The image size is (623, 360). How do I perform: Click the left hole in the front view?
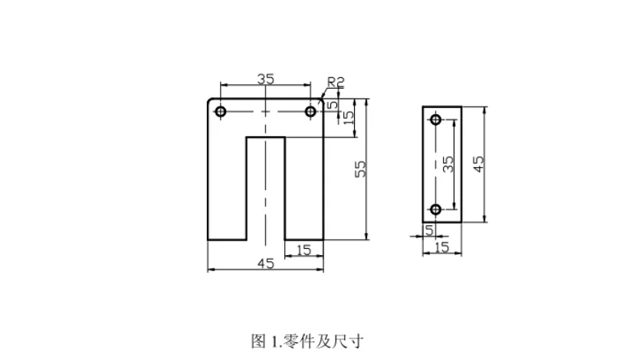(221, 112)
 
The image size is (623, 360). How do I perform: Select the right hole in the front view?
(310, 112)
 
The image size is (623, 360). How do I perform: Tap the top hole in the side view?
(436, 120)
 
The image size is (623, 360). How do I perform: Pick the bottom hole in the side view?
(436, 209)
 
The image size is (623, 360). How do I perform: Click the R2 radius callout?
(336, 82)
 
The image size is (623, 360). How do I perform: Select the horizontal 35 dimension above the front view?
(265, 78)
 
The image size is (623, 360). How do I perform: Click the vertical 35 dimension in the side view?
(448, 164)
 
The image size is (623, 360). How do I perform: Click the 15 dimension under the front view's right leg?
(303, 249)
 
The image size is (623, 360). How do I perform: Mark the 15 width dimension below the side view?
(441, 247)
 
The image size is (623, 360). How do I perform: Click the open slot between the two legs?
(265, 191)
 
